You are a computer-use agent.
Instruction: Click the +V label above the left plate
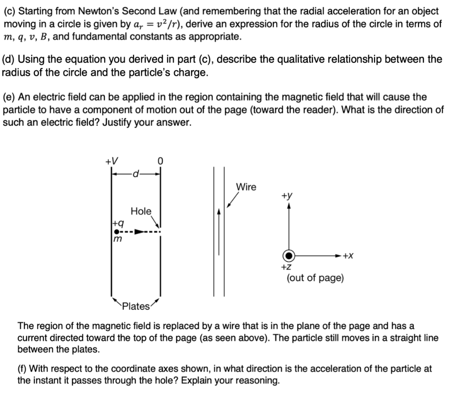coord(111,161)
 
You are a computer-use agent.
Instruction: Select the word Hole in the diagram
coord(141,211)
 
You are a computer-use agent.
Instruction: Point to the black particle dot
coord(116,232)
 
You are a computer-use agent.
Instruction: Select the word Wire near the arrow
coord(246,188)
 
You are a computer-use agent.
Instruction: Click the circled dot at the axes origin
coord(289,255)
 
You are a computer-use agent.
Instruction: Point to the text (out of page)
coord(315,278)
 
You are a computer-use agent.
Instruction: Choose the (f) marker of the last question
coord(22,369)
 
